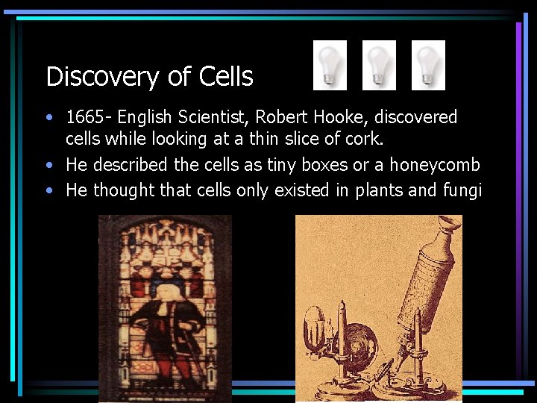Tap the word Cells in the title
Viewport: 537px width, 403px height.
(x=226, y=76)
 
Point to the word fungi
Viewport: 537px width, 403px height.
(x=463, y=190)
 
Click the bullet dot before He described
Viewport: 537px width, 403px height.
(x=49, y=165)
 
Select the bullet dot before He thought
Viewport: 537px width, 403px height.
(x=49, y=190)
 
